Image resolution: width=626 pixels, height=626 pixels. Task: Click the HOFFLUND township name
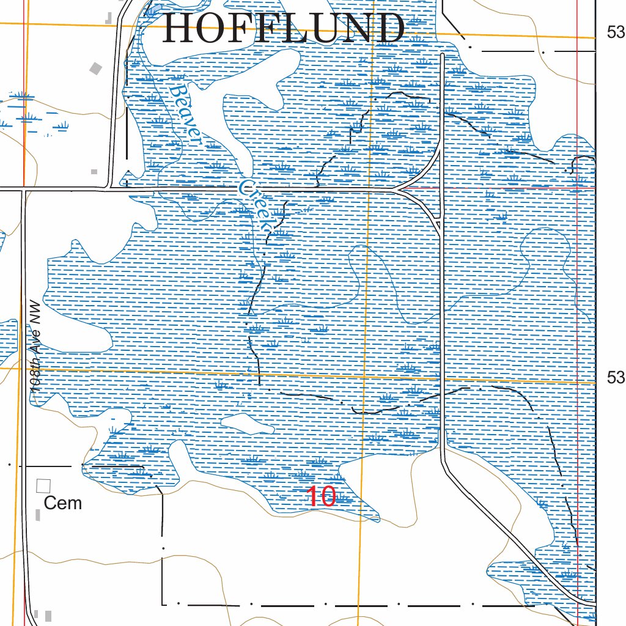click(284, 29)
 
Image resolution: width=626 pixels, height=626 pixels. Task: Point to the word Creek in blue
click(256, 205)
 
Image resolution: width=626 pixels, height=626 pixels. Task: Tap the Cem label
click(63, 503)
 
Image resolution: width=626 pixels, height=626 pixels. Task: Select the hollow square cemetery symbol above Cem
click(43, 486)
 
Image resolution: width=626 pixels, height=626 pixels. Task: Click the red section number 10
click(321, 497)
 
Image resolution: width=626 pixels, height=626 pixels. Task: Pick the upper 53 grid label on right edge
click(616, 32)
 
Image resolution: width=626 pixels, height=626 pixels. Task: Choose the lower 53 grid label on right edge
click(616, 378)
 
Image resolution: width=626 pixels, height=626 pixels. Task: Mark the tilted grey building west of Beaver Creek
click(95, 68)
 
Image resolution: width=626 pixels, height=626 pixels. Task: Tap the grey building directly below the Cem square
click(38, 515)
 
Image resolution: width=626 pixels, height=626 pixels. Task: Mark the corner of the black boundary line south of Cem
click(163, 604)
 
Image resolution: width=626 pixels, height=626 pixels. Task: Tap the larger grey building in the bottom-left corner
click(48, 616)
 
